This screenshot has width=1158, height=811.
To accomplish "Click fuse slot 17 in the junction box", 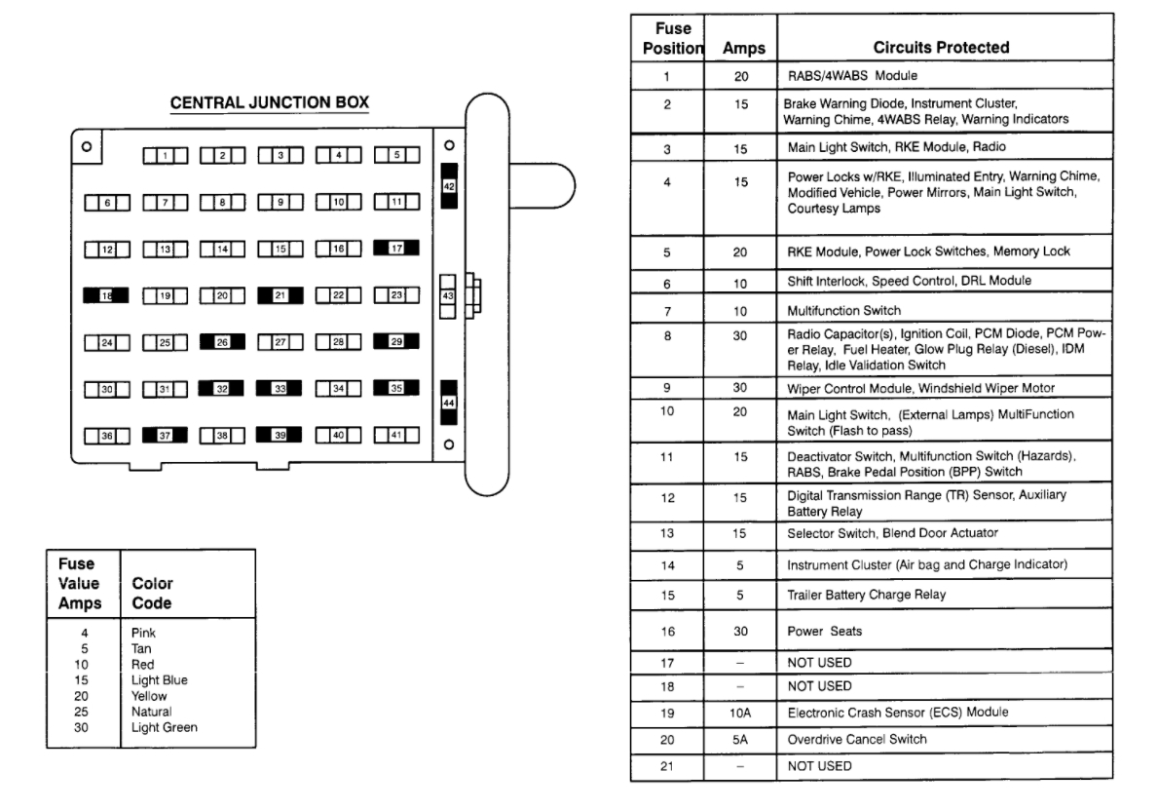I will pyautogui.click(x=396, y=249).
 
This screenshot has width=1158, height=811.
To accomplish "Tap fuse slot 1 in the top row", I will pyautogui.click(x=167, y=155).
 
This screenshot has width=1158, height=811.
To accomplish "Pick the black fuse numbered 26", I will pyautogui.click(x=221, y=342).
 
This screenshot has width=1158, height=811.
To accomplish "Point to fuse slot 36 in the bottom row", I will pyautogui.click(x=107, y=436).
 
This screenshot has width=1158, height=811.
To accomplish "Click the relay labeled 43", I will pyautogui.click(x=448, y=295).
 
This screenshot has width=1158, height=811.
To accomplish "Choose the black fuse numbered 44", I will pyautogui.click(x=449, y=403).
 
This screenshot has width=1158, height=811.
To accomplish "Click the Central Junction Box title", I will pyautogui.click(x=270, y=102).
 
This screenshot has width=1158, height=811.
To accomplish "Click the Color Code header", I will pyautogui.click(x=152, y=594).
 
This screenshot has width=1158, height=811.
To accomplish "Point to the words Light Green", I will pyautogui.click(x=164, y=727).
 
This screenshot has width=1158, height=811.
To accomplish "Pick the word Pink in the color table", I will pyautogui.click(x=143, y=633).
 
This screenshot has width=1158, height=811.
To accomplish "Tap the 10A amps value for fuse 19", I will pyautogui.click(x=741, y=713).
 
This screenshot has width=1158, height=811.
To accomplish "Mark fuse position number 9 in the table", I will pyautogui.click(x=667, y=388).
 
